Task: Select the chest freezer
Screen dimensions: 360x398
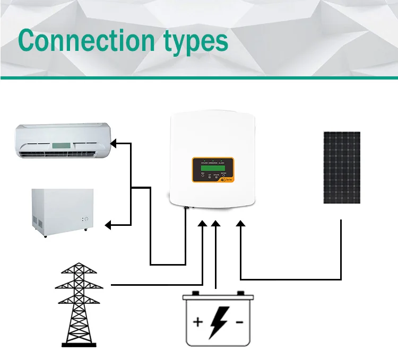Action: coord(63,212)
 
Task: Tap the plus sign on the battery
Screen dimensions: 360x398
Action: coord(197,321)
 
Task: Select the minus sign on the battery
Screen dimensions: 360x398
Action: coord(239,321)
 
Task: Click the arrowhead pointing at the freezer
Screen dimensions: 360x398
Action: coord(108,225)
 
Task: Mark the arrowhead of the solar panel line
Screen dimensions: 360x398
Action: coord(241,225)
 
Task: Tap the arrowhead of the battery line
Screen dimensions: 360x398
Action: coord(215,225)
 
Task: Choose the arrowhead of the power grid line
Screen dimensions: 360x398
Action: coord(203,225)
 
